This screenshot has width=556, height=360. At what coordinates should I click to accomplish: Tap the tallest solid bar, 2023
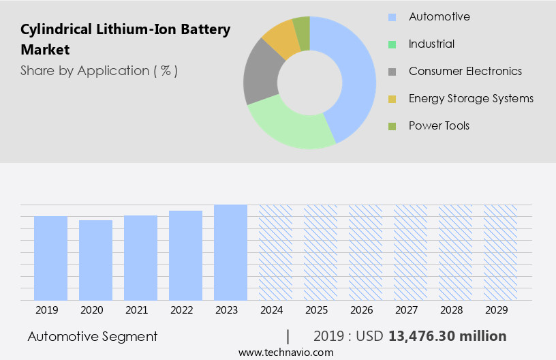pyautogui.click(x=230, y=252)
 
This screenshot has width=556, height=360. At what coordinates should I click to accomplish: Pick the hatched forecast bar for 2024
pyautogui.click(x=275, y=252)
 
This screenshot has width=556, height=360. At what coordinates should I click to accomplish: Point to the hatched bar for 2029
pyautogui.click(x=500, y=252)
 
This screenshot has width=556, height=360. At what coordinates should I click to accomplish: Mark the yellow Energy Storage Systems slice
pyautogui.click(x=280, y=39)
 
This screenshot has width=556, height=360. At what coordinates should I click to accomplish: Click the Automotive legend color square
pyautogui.click(x=392, y=17)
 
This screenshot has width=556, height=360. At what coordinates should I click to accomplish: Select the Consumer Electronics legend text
pyautogui.click(x=465, y=71)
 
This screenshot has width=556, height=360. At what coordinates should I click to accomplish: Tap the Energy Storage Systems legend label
pyautogui.click(x=471, y=98)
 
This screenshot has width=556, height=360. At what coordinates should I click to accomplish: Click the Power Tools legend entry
pyautogui.click(x=439, y=125)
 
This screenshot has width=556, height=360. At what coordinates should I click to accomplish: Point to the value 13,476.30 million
pyautogui.click(x=447, y=336)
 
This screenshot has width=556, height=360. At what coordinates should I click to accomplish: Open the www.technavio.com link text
pyautogui.click(x=286, y=352)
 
